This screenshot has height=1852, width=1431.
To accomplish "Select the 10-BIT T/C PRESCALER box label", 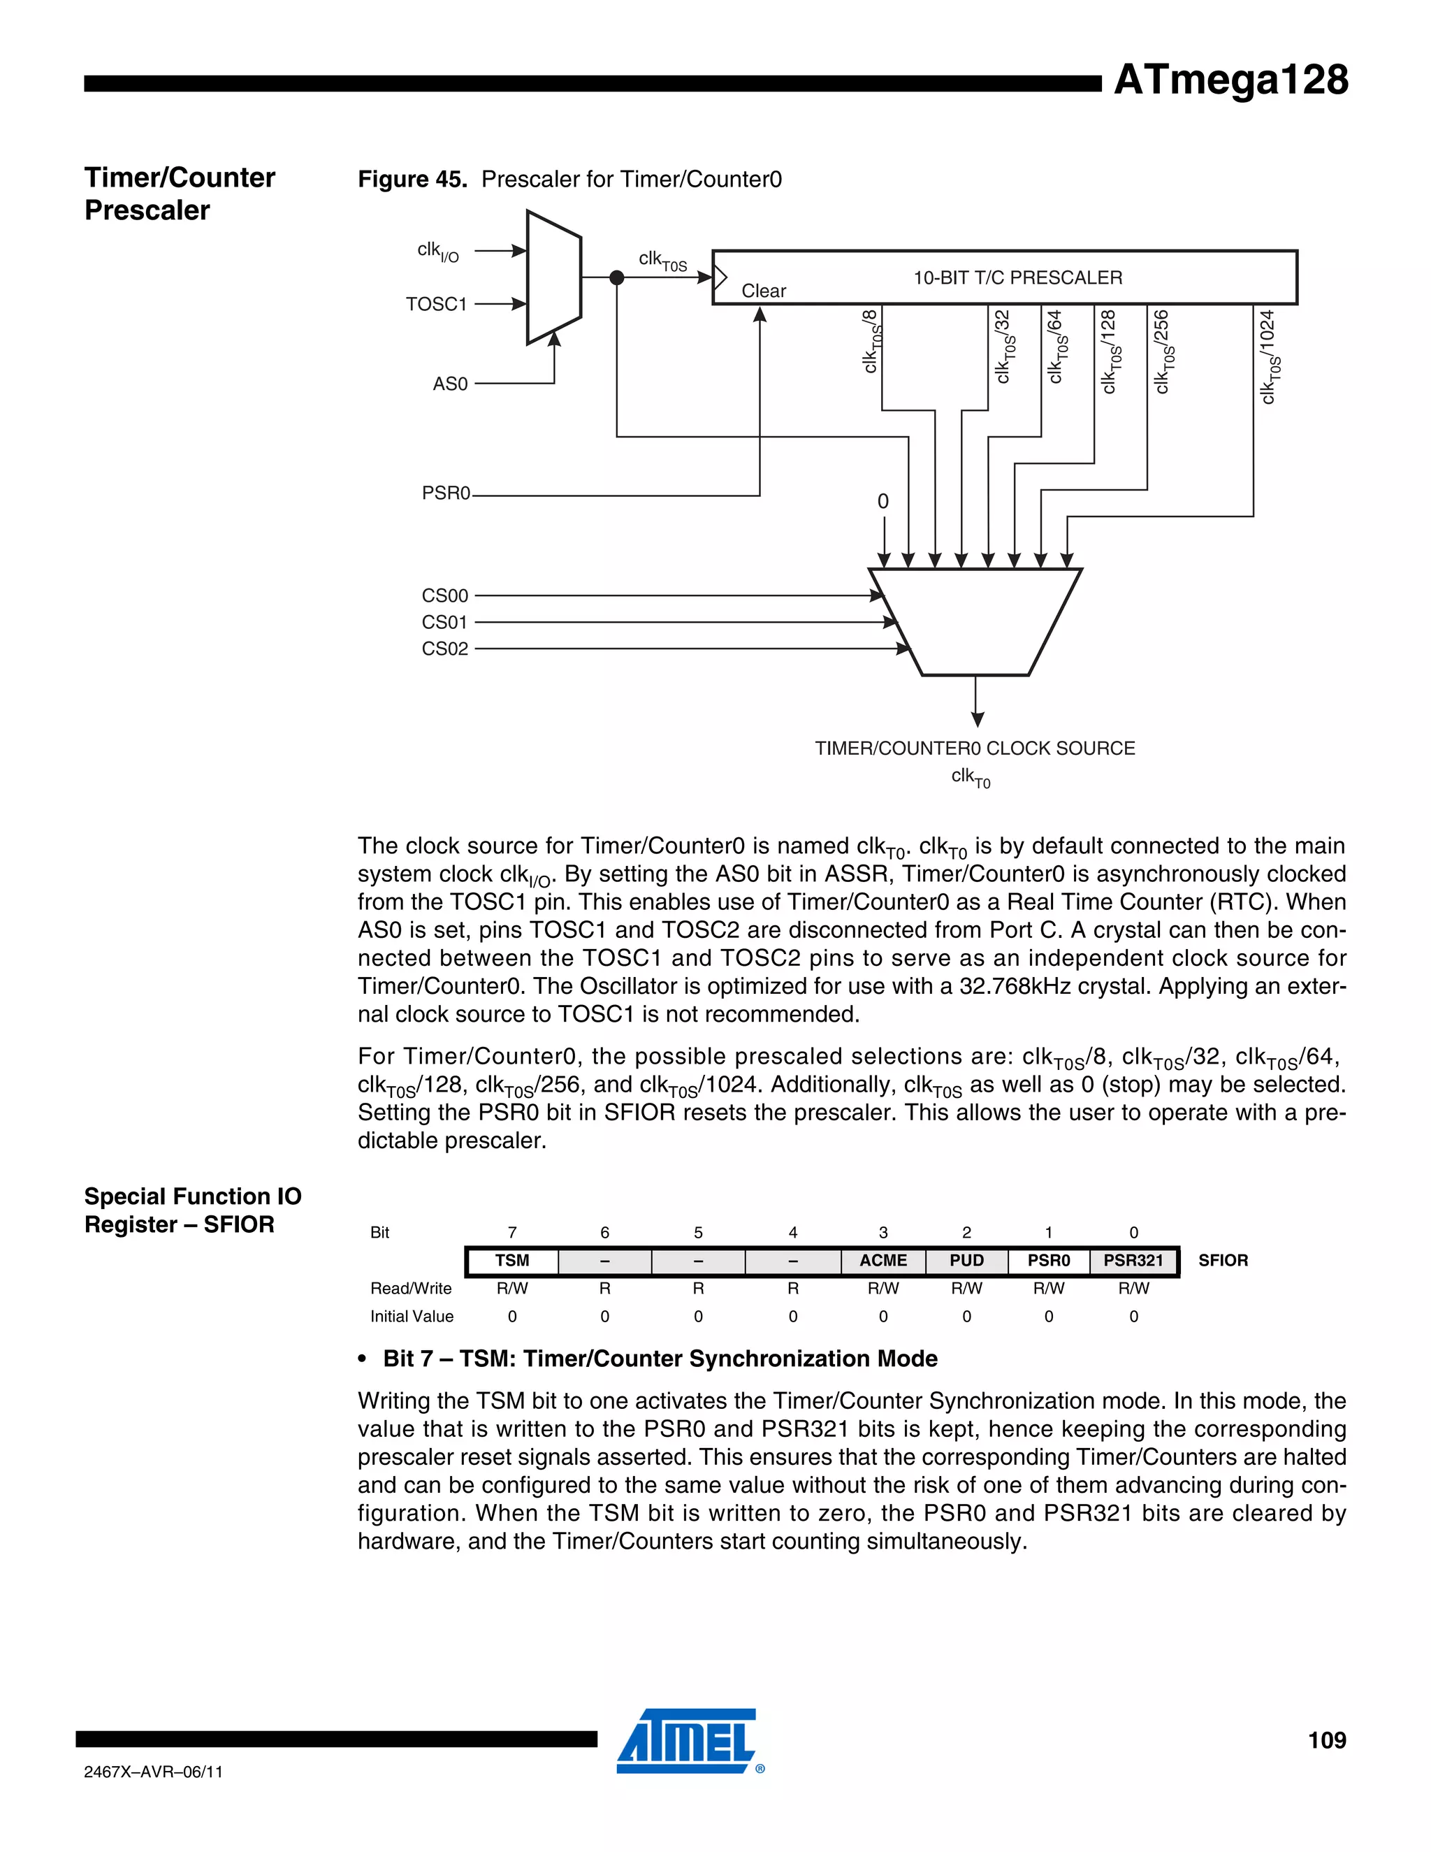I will [1017, 277].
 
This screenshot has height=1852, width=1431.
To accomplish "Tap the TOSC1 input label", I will [436, 303].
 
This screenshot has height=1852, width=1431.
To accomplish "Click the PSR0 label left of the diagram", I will [445, 493].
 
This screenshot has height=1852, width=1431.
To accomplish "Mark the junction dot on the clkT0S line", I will [617, 277].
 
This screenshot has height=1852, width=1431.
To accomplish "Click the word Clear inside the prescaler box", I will [763, 291].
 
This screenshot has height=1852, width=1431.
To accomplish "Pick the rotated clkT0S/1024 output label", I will [1268, 357].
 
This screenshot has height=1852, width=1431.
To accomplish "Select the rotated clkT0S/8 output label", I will [871, 342].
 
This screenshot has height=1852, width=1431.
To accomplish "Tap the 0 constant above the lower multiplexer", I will [882, 501].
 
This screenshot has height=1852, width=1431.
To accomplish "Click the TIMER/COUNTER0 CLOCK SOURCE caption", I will [974, 748].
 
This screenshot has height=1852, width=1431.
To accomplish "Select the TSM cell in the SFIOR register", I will [512, 1261].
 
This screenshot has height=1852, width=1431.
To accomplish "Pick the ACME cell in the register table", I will [882, 1261].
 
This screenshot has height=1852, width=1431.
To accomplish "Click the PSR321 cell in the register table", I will [1133, 1261].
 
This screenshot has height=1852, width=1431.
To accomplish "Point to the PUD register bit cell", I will [966, 1261].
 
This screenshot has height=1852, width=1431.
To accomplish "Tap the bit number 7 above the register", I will [512, 1232].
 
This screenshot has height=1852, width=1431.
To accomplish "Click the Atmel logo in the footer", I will [688, 1741].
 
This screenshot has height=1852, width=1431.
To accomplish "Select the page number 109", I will [1326, 1740].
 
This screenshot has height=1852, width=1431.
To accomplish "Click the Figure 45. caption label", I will [412, 179].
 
